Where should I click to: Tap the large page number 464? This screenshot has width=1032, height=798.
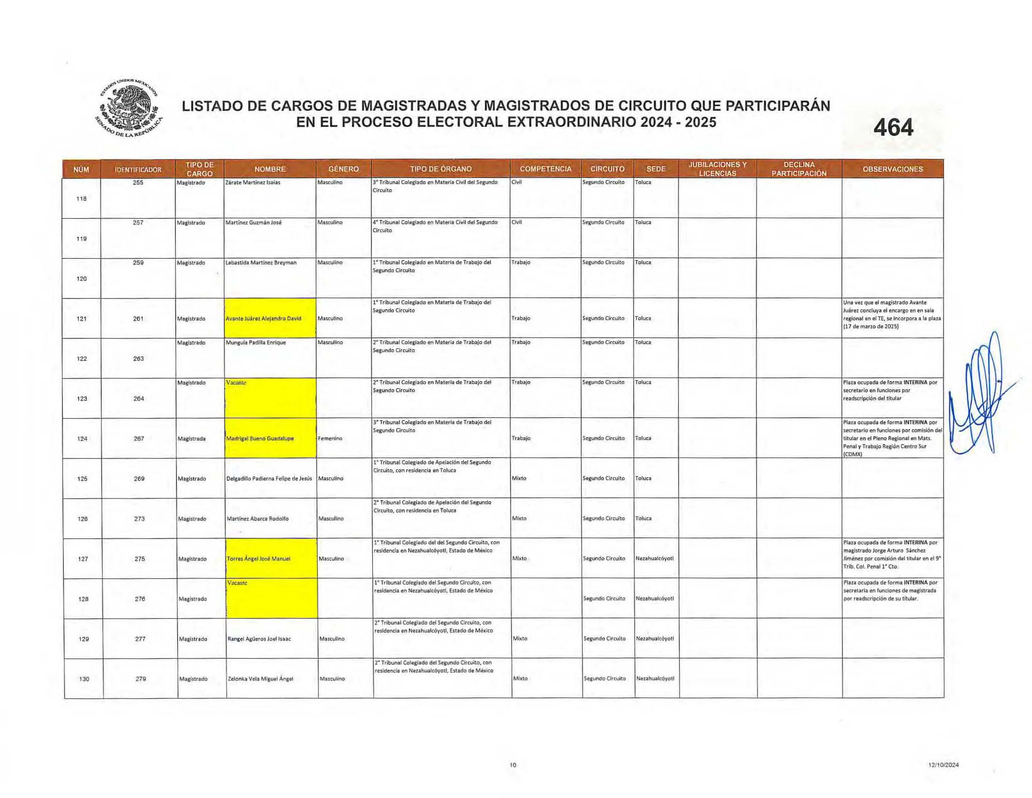[x=893, y=128]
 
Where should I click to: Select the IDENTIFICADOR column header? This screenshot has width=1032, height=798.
[x=138, y=170]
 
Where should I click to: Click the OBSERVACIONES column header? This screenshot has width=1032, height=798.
[x=892, y=169]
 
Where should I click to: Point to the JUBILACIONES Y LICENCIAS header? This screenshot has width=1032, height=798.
[x=717, y=169]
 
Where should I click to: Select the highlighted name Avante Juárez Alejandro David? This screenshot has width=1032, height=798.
[x=264, y=319]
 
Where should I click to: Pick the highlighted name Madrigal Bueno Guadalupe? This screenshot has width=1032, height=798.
[x=260, y=439]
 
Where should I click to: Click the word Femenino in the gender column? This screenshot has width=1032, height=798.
[x=330, y=439]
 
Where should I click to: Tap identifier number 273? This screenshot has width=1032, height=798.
[x=139, y=519]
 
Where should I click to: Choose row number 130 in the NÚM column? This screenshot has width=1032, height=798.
[x=83, y=679]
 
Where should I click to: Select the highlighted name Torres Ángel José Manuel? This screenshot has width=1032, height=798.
[x=258, y=559]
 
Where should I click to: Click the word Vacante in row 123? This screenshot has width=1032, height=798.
[x=236, y=383]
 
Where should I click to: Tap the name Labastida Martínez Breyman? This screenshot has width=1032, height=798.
[x=261, y=263]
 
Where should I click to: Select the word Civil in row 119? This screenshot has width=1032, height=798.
[x=516, y=223]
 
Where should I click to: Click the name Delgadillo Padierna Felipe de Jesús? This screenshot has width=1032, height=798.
[x=269, y=479]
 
